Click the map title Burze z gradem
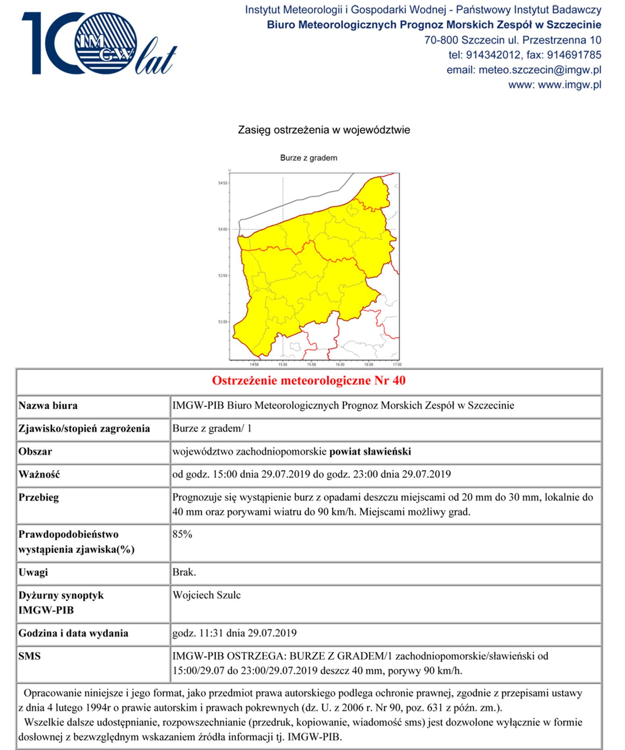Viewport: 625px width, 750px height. (308, 158)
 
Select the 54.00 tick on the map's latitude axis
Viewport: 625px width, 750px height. (223, 229)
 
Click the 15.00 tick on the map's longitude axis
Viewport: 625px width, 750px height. (283, 364)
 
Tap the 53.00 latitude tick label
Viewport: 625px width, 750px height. (223, 322)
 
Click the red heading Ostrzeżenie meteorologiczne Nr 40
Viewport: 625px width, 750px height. (308, 380)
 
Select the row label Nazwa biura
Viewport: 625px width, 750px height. (48, 405)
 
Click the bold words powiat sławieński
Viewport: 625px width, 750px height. (370, 451)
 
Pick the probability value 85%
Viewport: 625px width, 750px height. (182, 534)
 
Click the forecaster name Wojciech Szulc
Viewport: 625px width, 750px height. (206, 595)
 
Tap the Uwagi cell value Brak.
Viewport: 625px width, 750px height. (184, 572)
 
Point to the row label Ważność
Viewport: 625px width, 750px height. (39, 474)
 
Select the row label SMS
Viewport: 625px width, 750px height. (29, 656)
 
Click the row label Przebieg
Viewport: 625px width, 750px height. (38, 497)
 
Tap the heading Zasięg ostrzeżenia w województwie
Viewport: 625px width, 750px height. (324, 130)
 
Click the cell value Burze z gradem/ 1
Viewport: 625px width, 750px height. (212, 428)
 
